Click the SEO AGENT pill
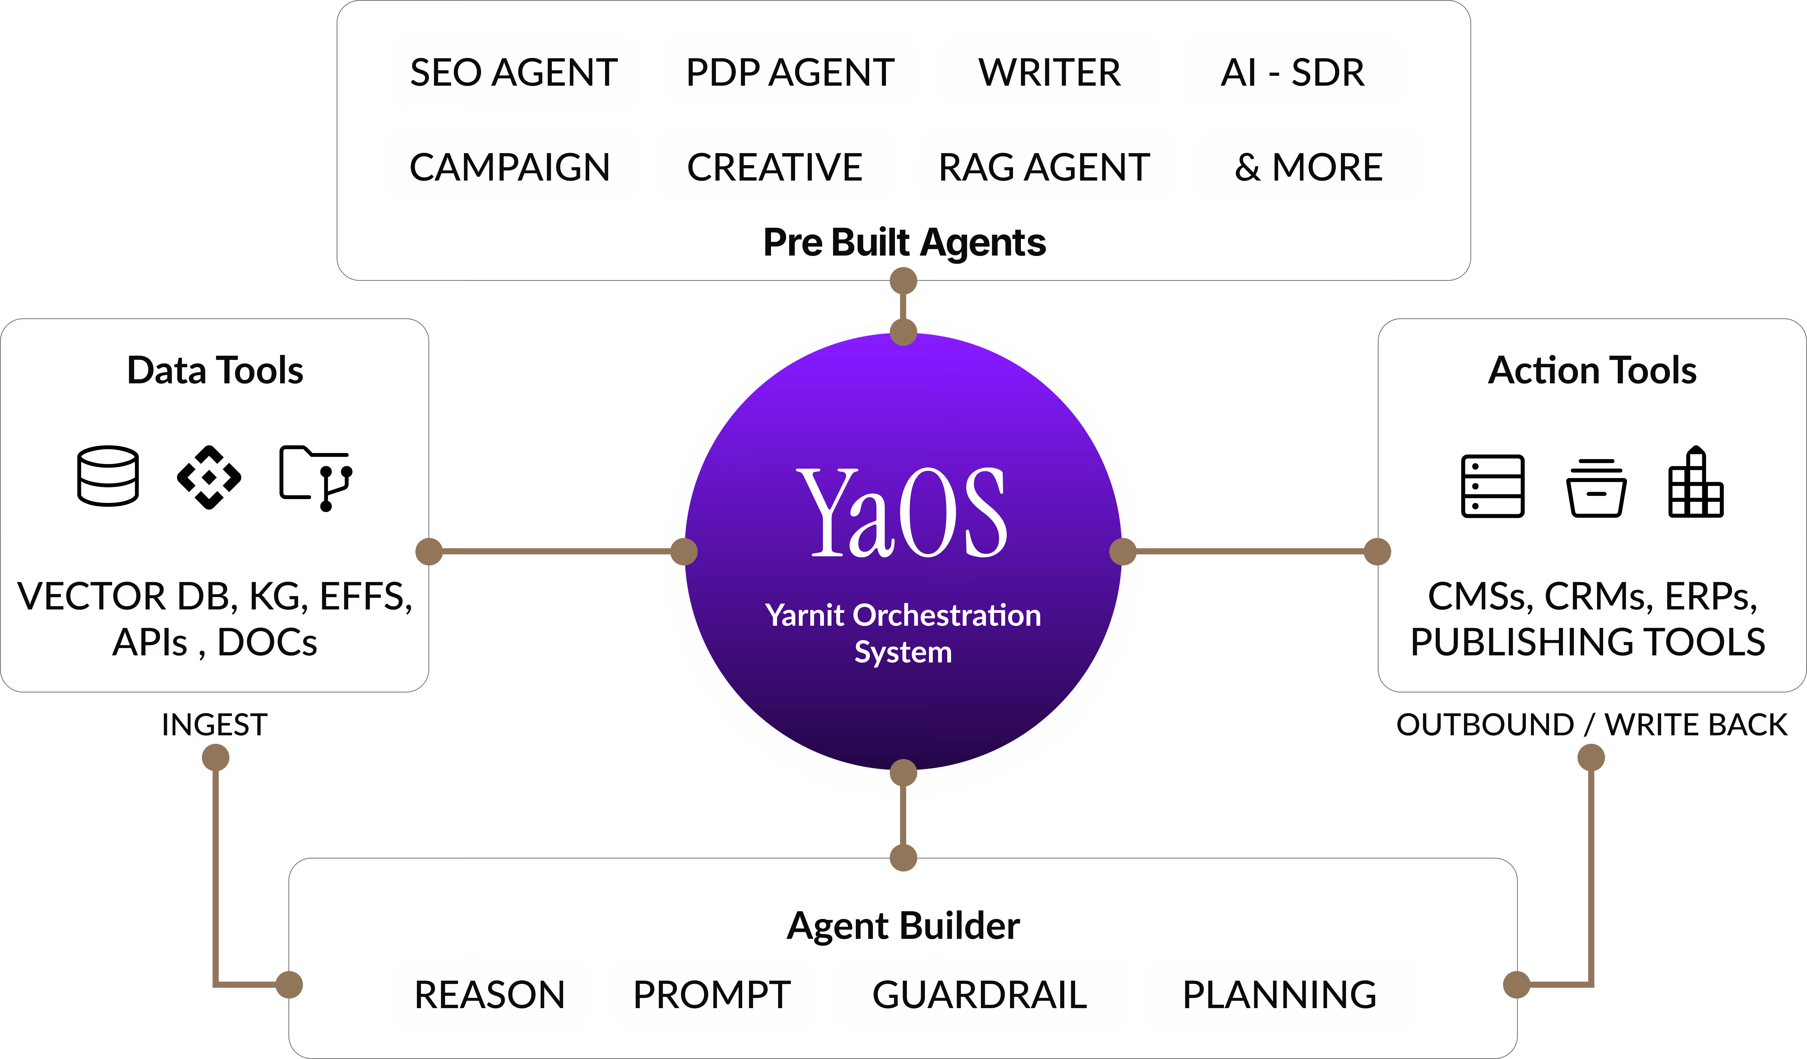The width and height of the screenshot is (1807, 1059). click(x=514, y=71)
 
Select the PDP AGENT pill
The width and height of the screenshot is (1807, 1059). click(x=790, y=71)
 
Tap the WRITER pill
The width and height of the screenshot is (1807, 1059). click(x=1050, y=71)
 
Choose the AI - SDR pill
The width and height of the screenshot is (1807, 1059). click(x=1293, y=71)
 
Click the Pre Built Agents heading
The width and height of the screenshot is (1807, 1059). click(x=904, y=242)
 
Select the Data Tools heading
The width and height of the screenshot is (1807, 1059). click(x=215, y=370)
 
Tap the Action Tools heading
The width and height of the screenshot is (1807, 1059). click(x=1592, y=370)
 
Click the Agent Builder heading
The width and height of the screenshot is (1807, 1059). click(x=903, y=926)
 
